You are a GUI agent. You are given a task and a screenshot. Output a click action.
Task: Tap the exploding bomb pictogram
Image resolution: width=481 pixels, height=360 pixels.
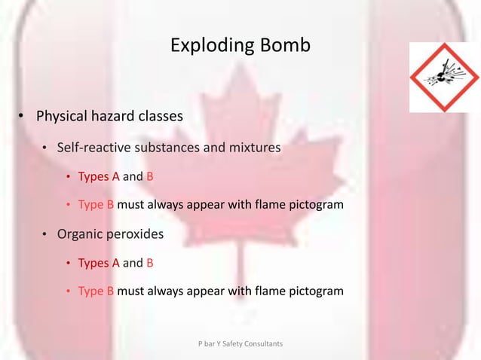[x=444, y=78]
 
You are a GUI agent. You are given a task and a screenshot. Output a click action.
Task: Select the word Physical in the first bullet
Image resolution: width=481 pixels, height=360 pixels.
[x=63, y=117]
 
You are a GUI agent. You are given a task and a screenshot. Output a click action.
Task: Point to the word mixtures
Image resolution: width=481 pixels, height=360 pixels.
[x=253, y=148]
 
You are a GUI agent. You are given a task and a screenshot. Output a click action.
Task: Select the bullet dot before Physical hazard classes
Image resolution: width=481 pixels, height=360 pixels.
[x=22, y=117]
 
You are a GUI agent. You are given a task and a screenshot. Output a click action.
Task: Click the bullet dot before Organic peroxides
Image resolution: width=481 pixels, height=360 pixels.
[x=44, y=234]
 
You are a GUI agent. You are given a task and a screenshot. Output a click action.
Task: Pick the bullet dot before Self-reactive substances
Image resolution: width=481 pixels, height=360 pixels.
[x=44, y=148]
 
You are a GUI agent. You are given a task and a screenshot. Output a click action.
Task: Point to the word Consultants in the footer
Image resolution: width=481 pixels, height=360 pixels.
[x=264, y=343]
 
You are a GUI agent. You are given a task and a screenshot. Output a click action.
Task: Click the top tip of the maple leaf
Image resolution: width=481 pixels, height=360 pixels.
[x=240, y=63]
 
